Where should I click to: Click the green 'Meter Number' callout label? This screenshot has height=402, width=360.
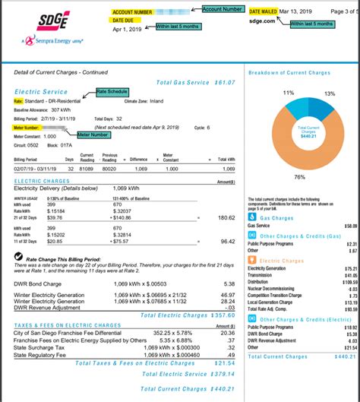[93, 134]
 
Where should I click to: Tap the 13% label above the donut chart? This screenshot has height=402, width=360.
[329, 93]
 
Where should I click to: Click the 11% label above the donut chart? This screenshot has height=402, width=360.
[289, 92]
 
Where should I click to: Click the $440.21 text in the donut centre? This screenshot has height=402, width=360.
[308, 135]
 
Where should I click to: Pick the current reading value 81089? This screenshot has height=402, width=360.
[87, 169]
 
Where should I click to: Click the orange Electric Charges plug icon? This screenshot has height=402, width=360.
[252, 261]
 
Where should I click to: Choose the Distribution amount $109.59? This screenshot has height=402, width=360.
[349, 281]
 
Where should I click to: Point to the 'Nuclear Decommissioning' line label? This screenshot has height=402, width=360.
[270, 288]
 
